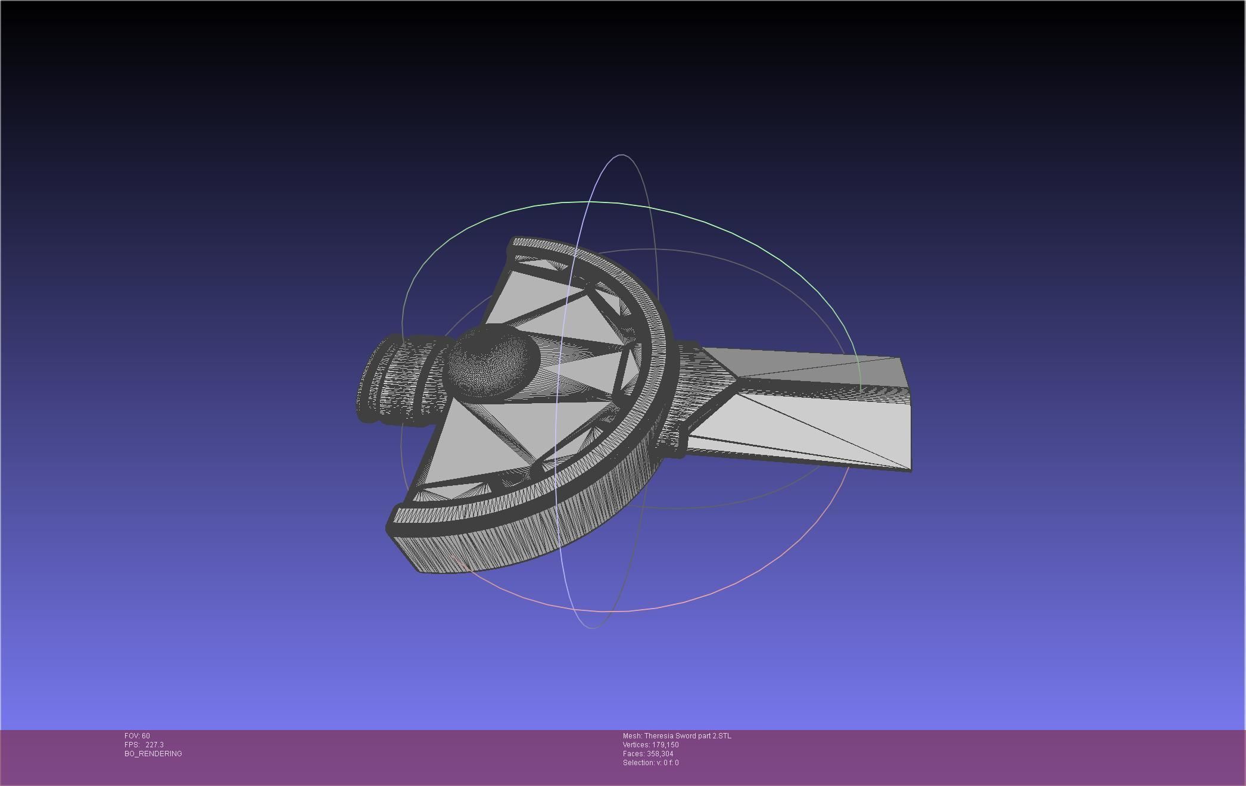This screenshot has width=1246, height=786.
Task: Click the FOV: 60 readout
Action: point(137,736)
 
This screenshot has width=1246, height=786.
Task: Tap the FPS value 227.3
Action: point(154,745)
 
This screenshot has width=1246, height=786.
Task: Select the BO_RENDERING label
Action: point(153,754)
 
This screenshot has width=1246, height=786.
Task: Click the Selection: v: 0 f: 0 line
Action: point(650,763)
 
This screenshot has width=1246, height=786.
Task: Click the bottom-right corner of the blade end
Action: point(910,470)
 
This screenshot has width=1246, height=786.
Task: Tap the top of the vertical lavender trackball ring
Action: point(622,155)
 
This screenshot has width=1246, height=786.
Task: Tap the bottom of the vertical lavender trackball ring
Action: point(593,627)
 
